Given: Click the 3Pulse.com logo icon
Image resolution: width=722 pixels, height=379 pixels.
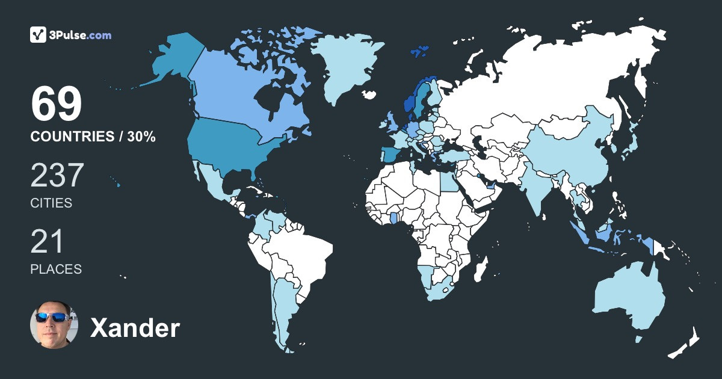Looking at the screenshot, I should pyautogui.click(x=39, y=35).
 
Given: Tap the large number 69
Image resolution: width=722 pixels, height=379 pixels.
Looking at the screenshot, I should pyautogui.click(x=56, y=105).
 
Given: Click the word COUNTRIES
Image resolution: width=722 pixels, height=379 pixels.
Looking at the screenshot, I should pyautogui.click(x=72, y=137).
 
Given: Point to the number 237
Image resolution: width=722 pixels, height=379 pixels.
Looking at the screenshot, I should pyautogui.click(x=57, y=176).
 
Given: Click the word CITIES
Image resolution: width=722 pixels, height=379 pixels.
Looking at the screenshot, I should pyautogui.click(x=51, y=203).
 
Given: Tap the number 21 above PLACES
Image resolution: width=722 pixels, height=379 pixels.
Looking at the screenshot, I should pyautogui.click(x=47, y=242).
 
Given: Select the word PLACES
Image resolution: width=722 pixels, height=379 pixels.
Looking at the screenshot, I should pyautogui.click(x=56, y=270).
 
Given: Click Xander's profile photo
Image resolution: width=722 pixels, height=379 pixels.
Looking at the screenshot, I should pyautogui.click(x=54, y=324).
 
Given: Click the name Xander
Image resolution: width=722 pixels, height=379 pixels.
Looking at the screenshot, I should pyautogui.click(x=135, y=328).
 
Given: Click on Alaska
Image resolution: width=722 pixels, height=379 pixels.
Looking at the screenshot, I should pyautogui.click(x=174, y=60).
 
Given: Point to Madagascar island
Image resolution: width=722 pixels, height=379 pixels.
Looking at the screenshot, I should pyautogui.click(x=481, y=268).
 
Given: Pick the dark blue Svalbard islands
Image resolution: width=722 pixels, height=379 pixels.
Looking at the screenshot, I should pyautogui.click(x=419, y=52).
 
